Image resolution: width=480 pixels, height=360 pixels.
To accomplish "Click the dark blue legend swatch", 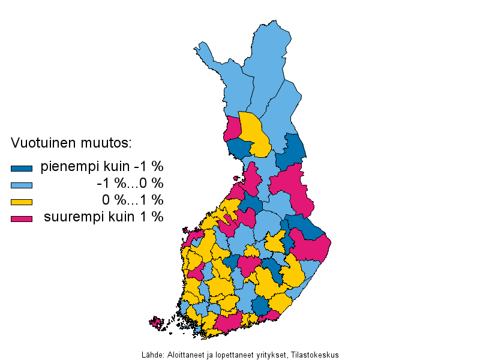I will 22,168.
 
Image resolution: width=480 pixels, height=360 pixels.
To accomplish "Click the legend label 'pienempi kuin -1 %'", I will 101,167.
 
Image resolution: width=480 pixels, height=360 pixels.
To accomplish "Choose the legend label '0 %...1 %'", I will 132,200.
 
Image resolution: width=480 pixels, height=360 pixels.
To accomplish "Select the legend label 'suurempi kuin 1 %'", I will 103,217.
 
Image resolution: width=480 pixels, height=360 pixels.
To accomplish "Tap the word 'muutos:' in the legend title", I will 108,143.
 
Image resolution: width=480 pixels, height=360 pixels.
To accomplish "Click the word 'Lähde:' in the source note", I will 151,355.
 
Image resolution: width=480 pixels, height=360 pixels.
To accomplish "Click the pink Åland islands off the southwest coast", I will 157,323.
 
